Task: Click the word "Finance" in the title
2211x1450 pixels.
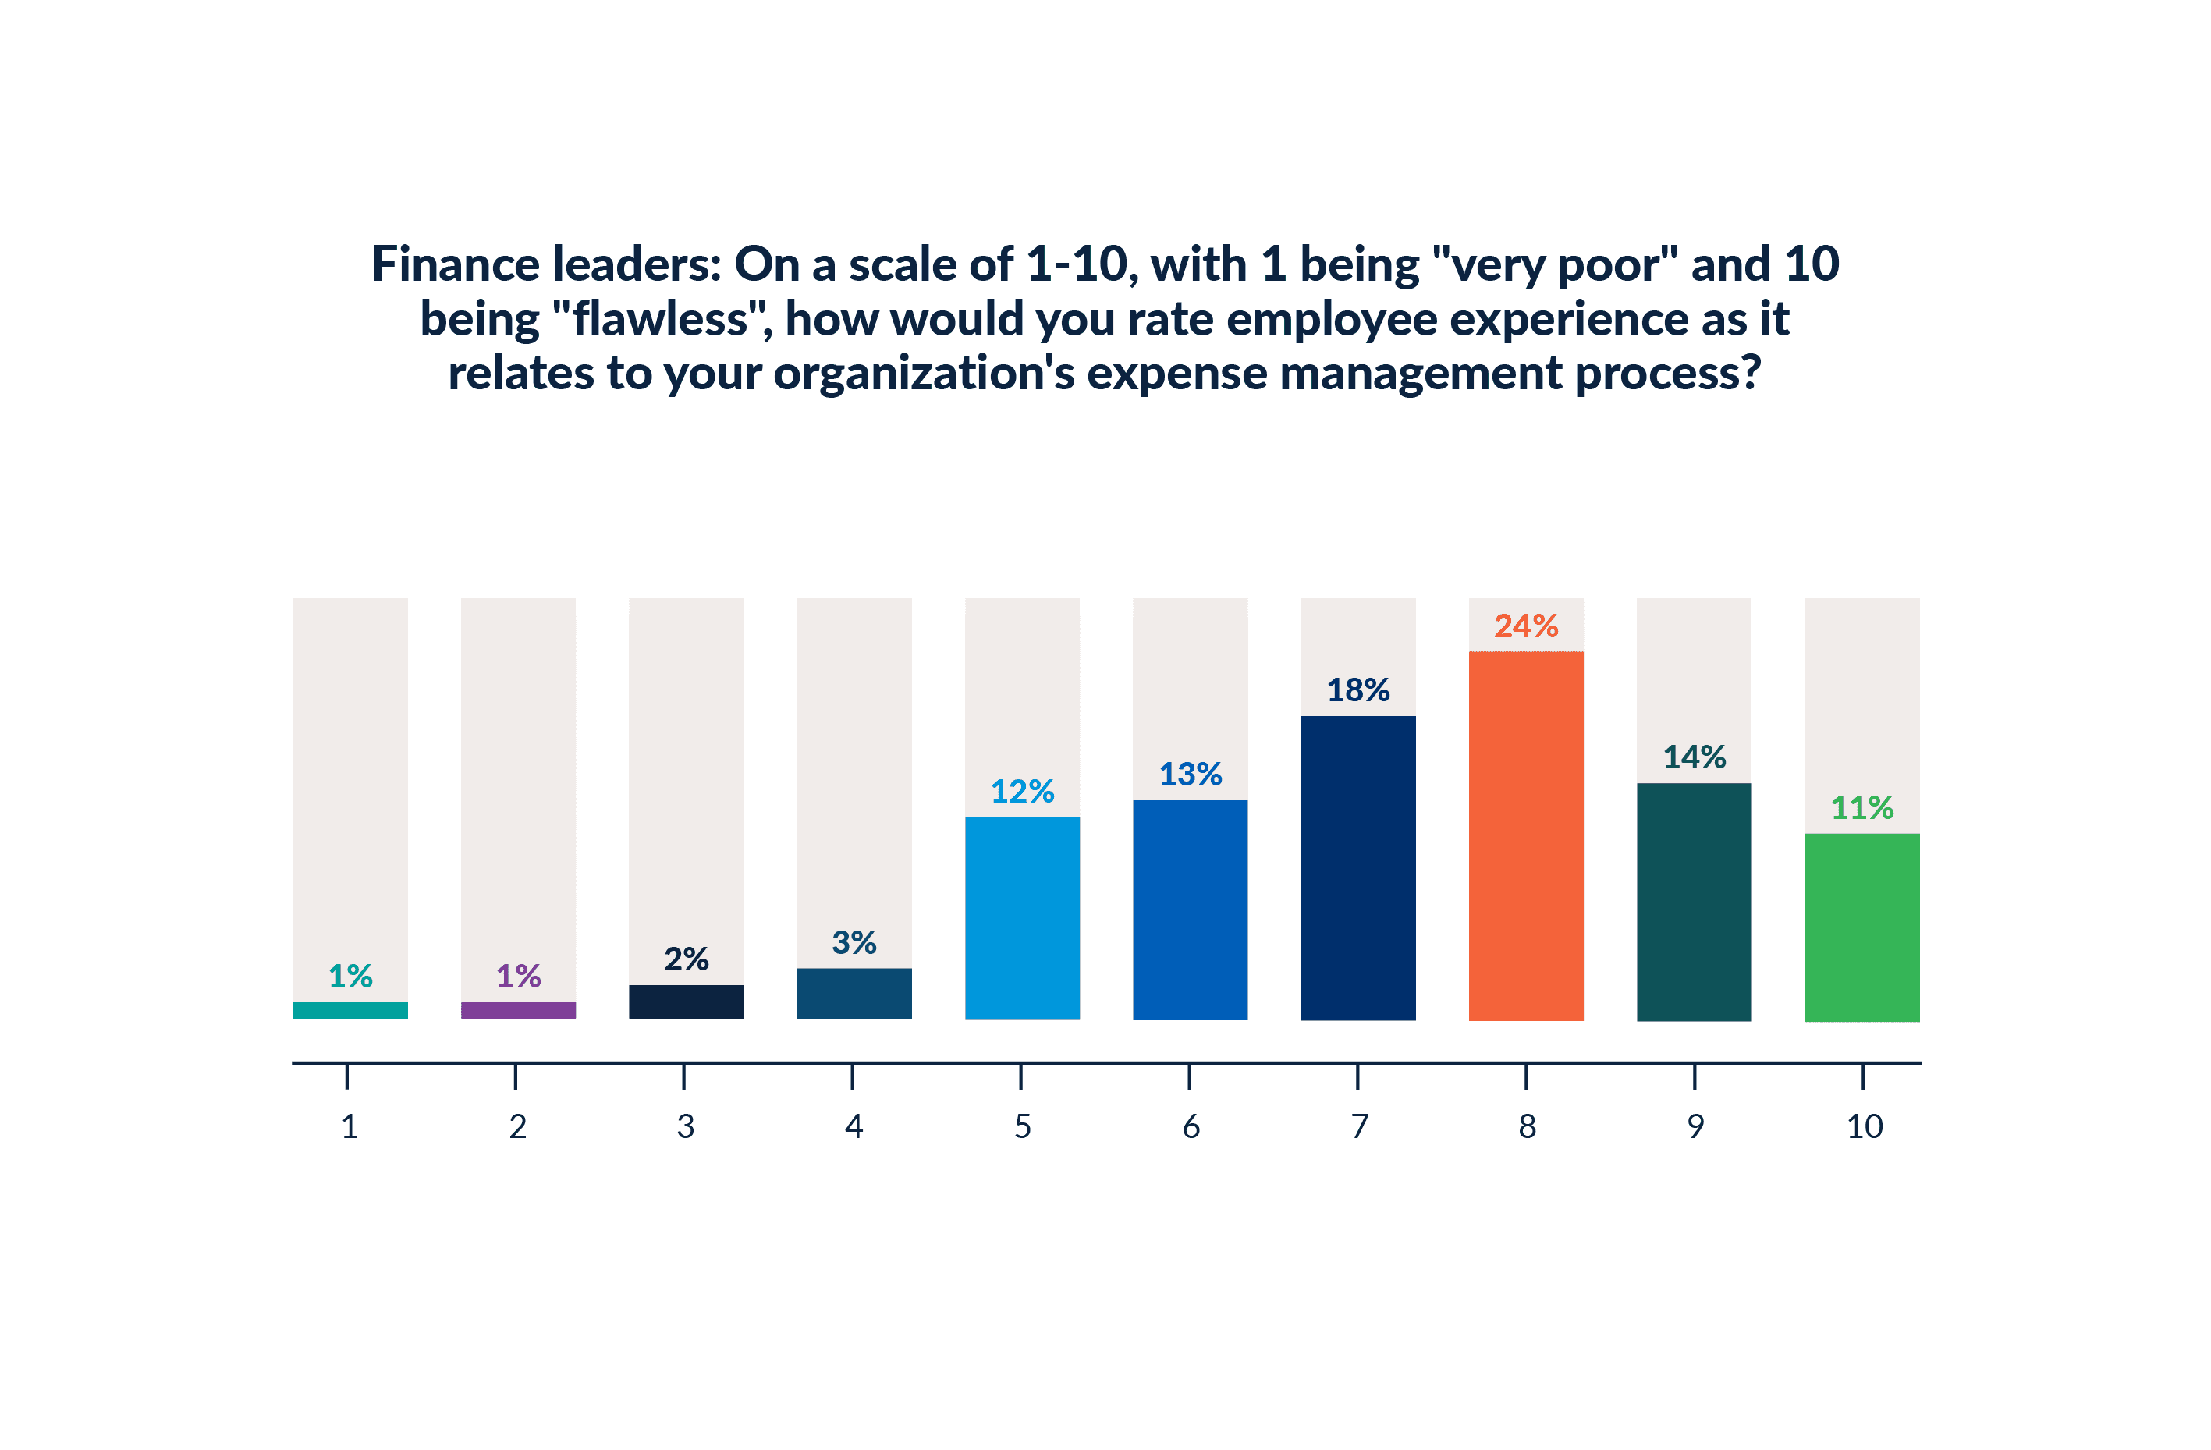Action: click(x=455, y=264)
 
